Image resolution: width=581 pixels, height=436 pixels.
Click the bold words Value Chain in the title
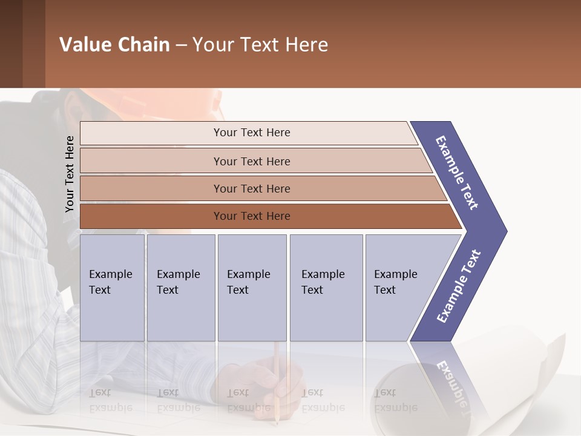click(114, 45)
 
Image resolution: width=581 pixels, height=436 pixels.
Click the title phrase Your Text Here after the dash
click(260, 45)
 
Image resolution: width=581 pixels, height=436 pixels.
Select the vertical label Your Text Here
click(70, 174)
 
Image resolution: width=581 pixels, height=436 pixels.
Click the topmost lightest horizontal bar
click(251, 133)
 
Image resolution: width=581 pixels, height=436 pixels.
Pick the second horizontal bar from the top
click(251, 161)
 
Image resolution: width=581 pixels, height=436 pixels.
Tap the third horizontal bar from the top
click(251, 188)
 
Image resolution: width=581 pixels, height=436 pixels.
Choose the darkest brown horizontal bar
click(251, 216)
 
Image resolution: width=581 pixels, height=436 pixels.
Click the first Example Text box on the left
click(112, 288)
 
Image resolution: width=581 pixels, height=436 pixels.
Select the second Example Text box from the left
click(180, 288)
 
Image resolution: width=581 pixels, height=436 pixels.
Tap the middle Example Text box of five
click(252, 288)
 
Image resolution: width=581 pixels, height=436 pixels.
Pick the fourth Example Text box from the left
click(326, 288)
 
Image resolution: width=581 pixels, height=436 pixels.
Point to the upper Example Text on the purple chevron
click(457, 173)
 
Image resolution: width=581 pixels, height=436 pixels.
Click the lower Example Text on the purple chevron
click(458, 286)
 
